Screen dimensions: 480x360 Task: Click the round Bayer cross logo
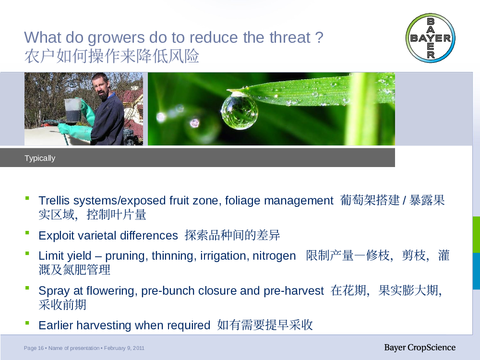click(431, 38)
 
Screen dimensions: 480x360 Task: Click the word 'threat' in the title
click(290, 37)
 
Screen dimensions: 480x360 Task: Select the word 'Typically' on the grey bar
click(40, 158)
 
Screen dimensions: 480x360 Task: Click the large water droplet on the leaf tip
click(239, 111)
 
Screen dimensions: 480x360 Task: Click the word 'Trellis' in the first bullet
click(54, 201)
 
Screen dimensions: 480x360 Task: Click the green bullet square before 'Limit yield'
click(27, 253)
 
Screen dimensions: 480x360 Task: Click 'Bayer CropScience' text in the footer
click(420, 348)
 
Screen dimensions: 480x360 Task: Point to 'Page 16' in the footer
click(34, 348)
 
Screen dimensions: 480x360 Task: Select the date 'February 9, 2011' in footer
click(124, 348)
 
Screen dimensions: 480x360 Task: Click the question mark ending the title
click(319, 37)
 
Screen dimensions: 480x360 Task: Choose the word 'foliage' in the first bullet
click(243, 201)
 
